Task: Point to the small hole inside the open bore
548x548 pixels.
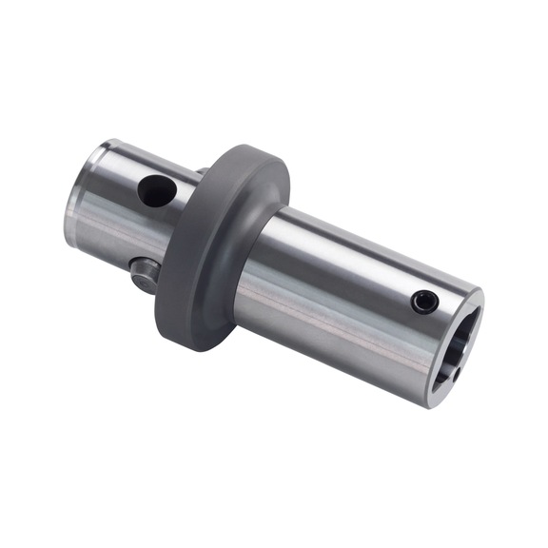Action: click(457, 373)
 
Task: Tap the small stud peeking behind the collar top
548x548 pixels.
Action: click(202, 172)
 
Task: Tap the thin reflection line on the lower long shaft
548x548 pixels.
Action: click(323, 314)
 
